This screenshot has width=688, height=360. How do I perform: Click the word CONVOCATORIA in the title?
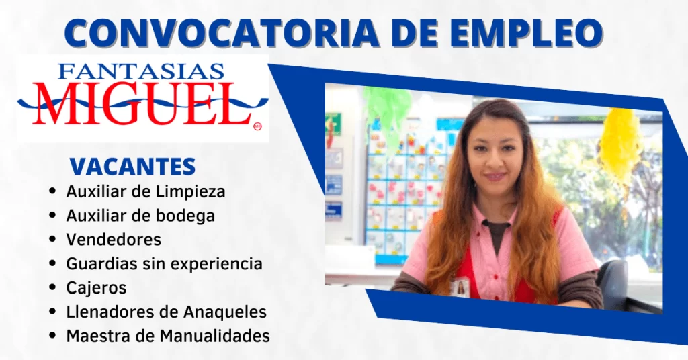pyautogui.click(x=222, y=33)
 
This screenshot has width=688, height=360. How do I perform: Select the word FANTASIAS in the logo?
pyautogui.click(x=141, y=71)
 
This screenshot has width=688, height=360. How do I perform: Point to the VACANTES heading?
pyautogui.click(x=132, y=167)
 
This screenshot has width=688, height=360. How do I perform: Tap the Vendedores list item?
pyautogui.click(x=114, y=240)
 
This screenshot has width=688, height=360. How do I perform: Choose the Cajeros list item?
pyautogui.click(x=96, y=288)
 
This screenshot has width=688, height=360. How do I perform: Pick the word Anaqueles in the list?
pyautogui.click(x=224, y=312)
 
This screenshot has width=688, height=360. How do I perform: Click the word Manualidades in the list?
pyautogui.click(x=214, y=336)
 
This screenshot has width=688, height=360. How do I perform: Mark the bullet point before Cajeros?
pyautogui.click(x=52, y=287)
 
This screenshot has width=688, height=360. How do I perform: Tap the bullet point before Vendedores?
pyautogui.click(x=52, y=239)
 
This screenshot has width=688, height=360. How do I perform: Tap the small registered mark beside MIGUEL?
pyautogui.click(x=257, y=126)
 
